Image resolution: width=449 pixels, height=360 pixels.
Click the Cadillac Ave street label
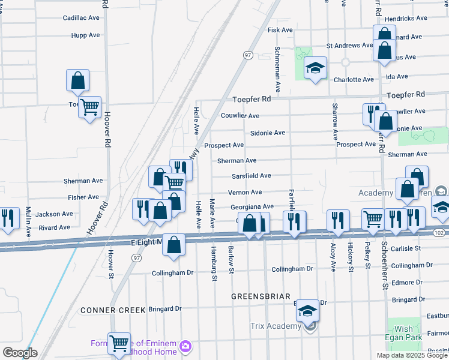(81, 18)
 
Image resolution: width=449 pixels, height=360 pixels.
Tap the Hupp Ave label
(85, 35)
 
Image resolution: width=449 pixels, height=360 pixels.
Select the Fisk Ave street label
(280, 30)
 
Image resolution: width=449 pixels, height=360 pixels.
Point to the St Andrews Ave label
(349, 46)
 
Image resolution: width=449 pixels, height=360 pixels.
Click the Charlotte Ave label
(354, 80)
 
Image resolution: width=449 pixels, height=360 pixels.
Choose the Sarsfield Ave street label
(252, 176)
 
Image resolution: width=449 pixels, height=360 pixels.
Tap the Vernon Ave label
(245, 193)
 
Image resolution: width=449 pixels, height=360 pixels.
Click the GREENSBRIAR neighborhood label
(261, 296)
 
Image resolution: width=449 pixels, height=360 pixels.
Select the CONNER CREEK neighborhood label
(112, 310)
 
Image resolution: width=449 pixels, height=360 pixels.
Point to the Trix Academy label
(275, 326)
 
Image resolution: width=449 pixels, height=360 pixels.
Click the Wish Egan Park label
(404, 334)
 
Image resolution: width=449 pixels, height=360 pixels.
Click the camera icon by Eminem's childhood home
(185, 347)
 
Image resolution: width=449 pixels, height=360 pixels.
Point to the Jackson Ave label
(54, 214)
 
